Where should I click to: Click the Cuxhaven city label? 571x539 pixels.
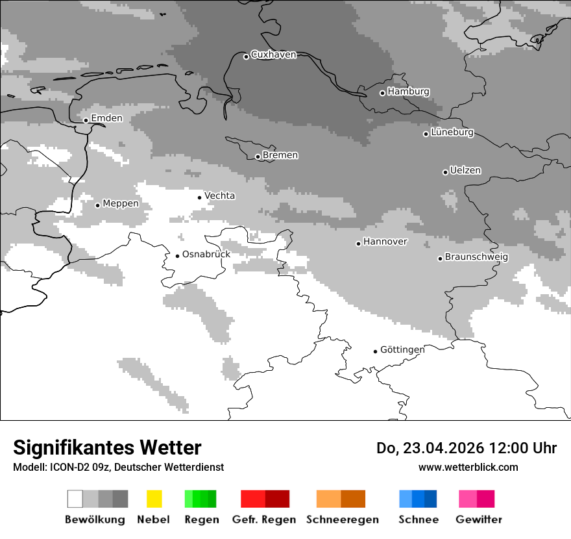point(273,55)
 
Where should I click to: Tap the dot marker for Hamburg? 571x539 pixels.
point(382,93)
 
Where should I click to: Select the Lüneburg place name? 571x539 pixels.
point(452,132)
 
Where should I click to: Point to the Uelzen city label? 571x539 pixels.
point(465,171)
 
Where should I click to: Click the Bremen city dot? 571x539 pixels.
point(258,157)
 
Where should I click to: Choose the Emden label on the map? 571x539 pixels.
point(106,118)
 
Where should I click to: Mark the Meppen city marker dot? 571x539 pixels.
point(97,205)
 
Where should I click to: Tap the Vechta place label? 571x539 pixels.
point(219,196)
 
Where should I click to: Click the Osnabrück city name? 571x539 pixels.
point(206,255)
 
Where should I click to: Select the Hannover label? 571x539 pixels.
point(385,242)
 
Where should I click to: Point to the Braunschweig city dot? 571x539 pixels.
point(440,258)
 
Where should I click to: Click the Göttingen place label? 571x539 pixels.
point(402,350)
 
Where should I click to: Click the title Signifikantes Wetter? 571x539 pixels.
point(107,447)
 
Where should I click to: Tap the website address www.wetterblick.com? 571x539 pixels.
point(468,468)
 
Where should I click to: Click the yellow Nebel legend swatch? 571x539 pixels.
point(154,499)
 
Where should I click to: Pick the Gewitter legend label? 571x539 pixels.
point(478,520)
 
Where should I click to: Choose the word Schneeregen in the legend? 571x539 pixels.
point(342,520)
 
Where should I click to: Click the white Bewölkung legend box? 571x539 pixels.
point(75,499)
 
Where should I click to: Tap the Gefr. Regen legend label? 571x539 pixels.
point(264,520)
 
